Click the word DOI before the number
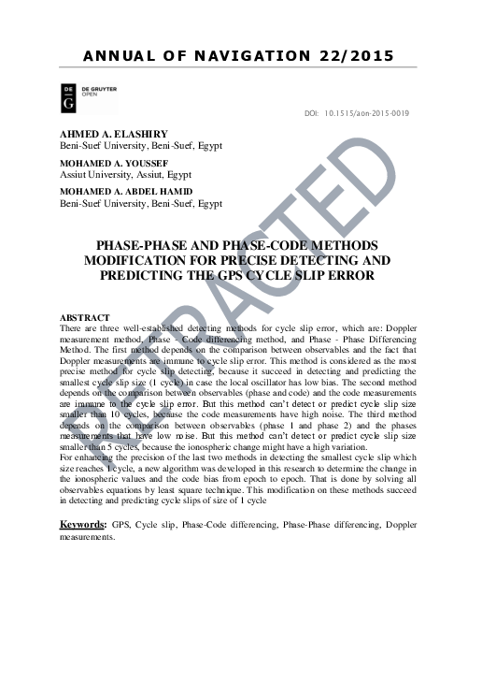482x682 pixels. [x=312, y=114]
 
